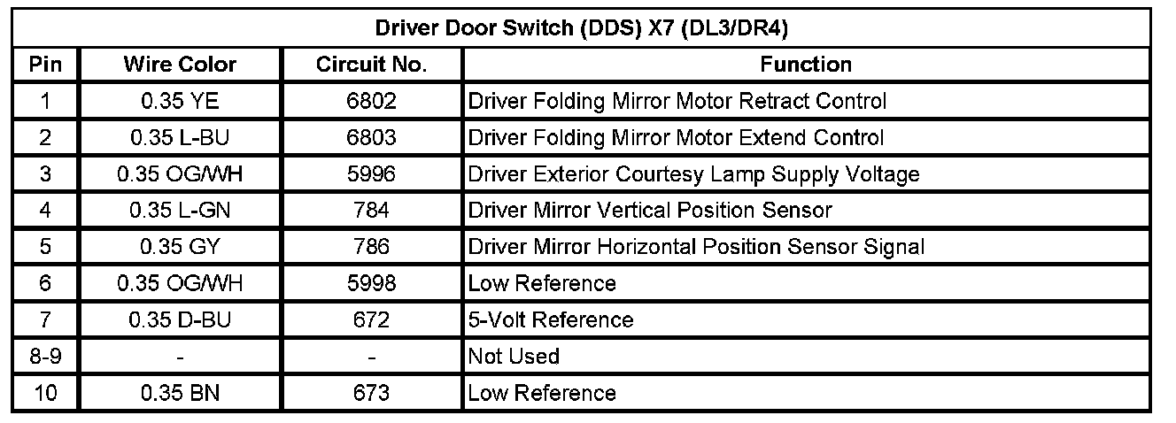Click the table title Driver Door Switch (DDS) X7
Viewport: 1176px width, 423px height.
(582, 27)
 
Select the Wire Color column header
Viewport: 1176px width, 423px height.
(180, 65)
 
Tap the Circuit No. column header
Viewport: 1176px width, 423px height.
(371, 65)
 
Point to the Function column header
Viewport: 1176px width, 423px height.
(806, 65)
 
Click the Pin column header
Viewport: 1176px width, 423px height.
(45, 65)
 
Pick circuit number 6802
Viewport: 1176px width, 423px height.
(371, 101)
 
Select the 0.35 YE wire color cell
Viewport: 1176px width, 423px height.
(180, 101)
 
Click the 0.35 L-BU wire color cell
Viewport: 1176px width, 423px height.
(180, 138)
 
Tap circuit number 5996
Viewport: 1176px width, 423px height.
(371, 174)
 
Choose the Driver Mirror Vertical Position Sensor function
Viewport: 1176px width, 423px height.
(650, 211)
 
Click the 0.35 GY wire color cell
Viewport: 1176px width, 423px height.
(180, 247)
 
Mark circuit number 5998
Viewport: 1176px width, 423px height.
(371, 283)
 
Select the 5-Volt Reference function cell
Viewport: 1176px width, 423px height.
(550, 319)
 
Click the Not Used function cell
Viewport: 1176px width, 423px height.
(514, 357)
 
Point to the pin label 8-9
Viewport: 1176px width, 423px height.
(45, 357)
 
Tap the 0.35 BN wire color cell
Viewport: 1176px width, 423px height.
(180, 393)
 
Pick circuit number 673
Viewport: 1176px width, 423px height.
(371, 393)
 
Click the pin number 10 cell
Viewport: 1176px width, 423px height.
(45, 393)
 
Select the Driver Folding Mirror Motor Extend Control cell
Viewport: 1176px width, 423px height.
(676, 138)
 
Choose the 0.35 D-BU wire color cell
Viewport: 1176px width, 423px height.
(180, 319)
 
